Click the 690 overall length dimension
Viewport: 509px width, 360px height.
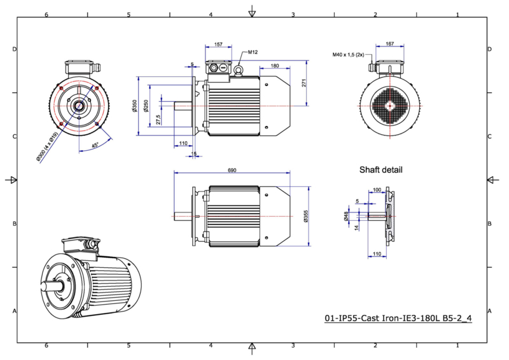click(x=232, y=170)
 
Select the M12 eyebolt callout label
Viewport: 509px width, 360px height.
click(x=253, y=52)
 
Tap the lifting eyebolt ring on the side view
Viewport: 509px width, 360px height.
click(x=239, y=69)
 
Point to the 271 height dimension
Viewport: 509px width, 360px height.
click(x=304, y=83)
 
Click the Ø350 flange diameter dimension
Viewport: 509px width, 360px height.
click(x=135, y=106)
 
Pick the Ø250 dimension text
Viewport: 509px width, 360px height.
click(x=146, y=106)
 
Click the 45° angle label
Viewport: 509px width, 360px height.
click(x=95, y=145)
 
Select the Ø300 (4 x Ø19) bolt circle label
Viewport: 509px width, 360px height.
click(x=47, y=146)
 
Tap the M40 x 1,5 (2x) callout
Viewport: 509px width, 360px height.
click(x=348, y=55)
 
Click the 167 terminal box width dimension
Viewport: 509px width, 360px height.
click(x=390, y=43)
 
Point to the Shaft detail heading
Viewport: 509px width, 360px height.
click(x=380, y=170)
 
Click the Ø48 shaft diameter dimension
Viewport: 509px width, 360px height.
click(x=345, y=216)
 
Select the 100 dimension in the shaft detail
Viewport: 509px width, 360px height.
click(x=377, y=190)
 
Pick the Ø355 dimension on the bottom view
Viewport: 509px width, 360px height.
click(x=305, y=216)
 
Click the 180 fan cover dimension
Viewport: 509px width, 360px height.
click(x=275, y=66)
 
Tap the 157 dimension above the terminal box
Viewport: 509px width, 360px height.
click(x=218, y=45)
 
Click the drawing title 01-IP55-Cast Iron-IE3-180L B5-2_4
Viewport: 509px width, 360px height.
click(x=398, y=318)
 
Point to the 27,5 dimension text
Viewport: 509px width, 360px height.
click(x=158, y=120)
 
